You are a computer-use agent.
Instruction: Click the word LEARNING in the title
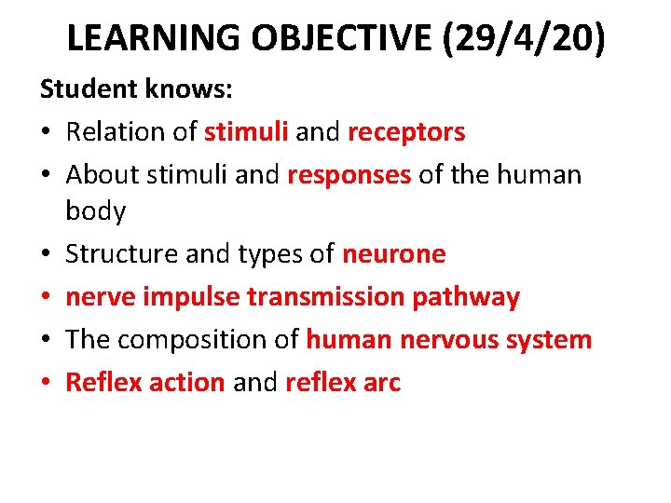coord(155,38)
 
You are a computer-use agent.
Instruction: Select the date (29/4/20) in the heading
coord(527,38)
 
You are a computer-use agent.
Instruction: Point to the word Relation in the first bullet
coord(118,132)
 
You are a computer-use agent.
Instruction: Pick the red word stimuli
coord(246,132)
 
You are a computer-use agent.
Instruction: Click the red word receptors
coord(406,132)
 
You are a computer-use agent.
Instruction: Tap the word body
coord(95,211)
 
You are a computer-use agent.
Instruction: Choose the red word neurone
coord(393,254)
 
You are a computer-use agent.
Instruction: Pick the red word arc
coord(381,382)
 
